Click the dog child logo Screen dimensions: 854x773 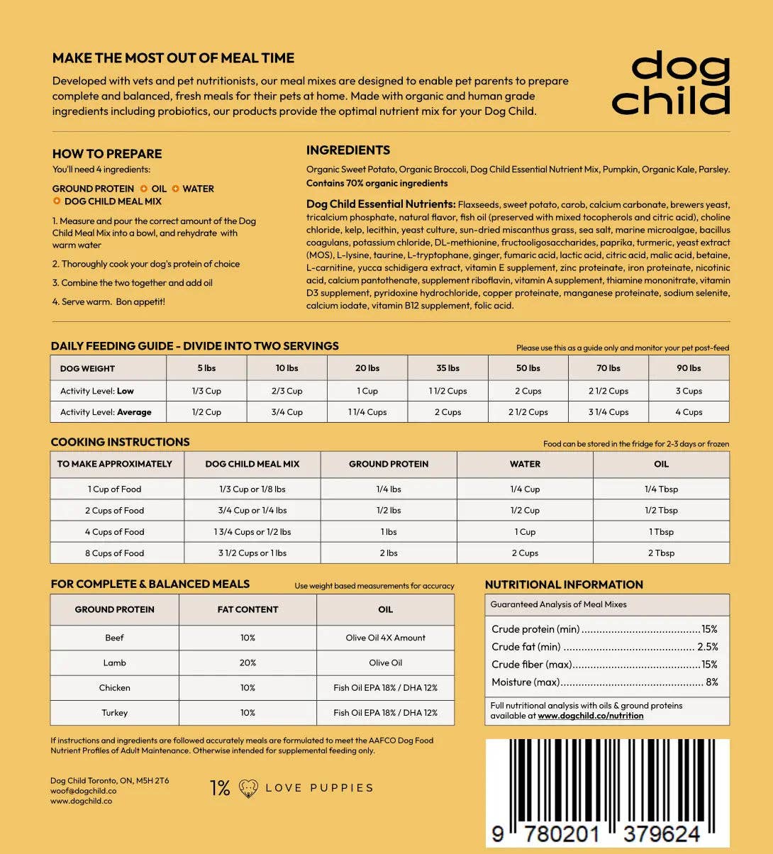(x=671, y=84)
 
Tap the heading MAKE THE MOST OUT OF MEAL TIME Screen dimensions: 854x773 (x=173, y=58)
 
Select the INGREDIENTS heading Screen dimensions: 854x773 (x=347, y=150)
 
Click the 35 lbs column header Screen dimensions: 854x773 (x=447, y=368)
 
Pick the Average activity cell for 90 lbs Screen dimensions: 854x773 (x=688, y=412)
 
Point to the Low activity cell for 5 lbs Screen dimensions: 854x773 (x=206, y=391)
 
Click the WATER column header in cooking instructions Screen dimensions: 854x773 (x=525, y=464)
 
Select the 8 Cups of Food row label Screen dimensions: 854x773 (x=114, y=553)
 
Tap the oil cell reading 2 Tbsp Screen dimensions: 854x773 (x=661, y=553)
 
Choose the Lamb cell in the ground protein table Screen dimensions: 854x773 (x=114, y=662)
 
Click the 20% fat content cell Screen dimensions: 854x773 (x=248, y=662)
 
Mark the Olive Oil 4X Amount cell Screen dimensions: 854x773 (x=385, y=638)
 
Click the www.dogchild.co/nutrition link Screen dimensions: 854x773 (x=590, y=716)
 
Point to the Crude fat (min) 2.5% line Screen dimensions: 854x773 (x=604, y=647)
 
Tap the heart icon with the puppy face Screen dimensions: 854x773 (x=248, y=788)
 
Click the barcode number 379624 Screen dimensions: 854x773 (x=661, y=834)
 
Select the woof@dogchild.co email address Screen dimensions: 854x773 (x=83, y=791)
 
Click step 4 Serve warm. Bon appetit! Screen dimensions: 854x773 (x=109, y=301)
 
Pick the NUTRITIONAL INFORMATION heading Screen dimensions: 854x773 (x=564, y=584)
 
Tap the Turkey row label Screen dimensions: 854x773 (x=114, y=712)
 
